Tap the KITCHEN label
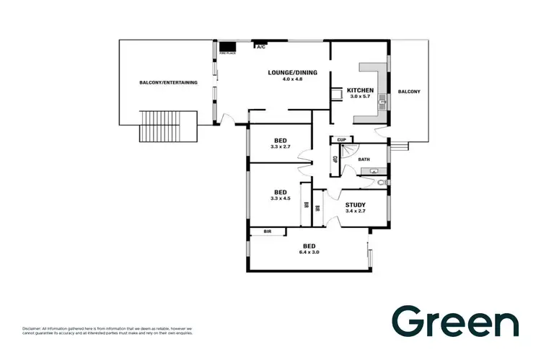[x=361, y=89]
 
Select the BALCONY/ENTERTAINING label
[x=168, y=82]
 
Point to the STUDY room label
[x=356, y=204]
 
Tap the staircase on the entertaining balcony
[x=161, y=127]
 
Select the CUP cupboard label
[x=341, y=139]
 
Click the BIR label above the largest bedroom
[x=267, y=232]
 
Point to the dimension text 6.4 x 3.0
[x=309, y=253]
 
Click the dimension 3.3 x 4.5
[x=281, y=198]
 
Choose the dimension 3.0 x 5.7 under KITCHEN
[x=361, y=97]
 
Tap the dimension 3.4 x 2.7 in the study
[x=356, y=211]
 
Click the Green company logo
[x=454, y=322]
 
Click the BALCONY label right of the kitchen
[x=408, y=92]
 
